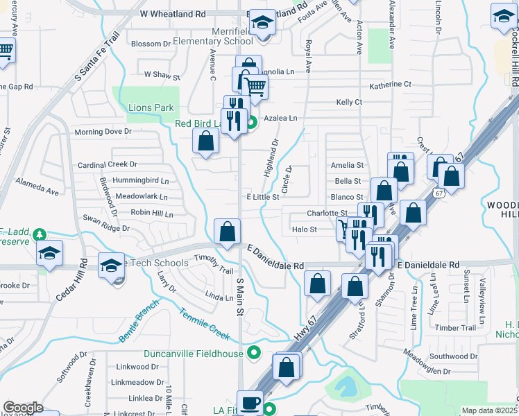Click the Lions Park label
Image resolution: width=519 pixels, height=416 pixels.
click(x=150, y=107)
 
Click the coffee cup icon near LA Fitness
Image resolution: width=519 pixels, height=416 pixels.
click(x=250, y=403)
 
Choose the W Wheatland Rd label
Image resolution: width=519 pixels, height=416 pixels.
click(x=173, y=13)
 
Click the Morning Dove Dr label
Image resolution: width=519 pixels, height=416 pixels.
click(x=103, y=132)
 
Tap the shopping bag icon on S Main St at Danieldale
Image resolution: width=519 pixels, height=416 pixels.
click(x=227, y=232)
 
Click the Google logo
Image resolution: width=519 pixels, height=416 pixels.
click(x=23, y=407)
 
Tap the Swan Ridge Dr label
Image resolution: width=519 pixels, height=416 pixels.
click(x=106, y=227)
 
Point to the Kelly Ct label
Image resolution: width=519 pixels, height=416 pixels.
click(x=349, y=102)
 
